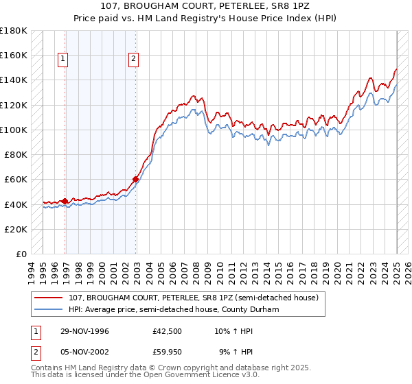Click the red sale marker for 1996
pos(65,201)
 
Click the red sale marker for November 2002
pos(136,180)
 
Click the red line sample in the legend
pos(49,298)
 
